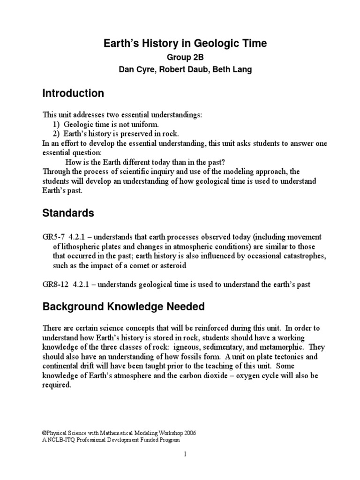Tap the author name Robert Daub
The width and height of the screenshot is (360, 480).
183,69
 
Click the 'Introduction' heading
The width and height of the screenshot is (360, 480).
73,93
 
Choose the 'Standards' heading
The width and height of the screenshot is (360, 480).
68,213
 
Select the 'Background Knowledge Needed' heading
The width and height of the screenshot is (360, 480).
124,307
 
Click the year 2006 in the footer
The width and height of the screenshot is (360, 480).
187,433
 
